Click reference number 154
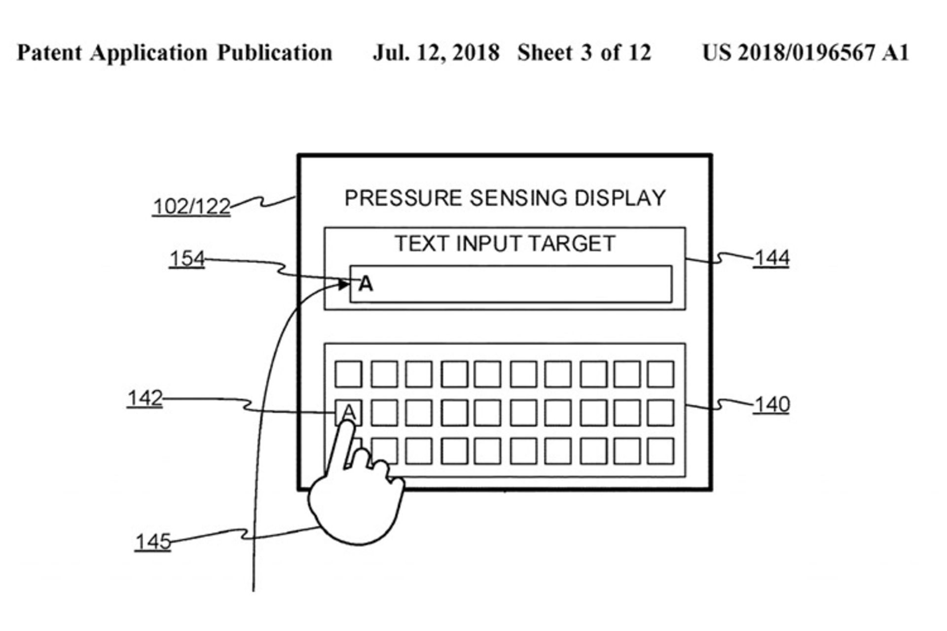click(187, 258)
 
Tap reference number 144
click(771, 257)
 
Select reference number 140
click(771, 404)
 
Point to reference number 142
click(145, 398)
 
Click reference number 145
click(153, 542)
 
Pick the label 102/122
click(191, 206)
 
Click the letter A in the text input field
click(366, 284)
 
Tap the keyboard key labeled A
click(348, 413)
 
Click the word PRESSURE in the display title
click(403, 198)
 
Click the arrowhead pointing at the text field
click(344, 284)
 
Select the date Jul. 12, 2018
click(436, 53)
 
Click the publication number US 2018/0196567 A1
click(805, 53)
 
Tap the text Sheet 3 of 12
click(584, 53)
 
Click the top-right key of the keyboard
click(660, 374)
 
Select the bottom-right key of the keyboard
click(660, 451)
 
